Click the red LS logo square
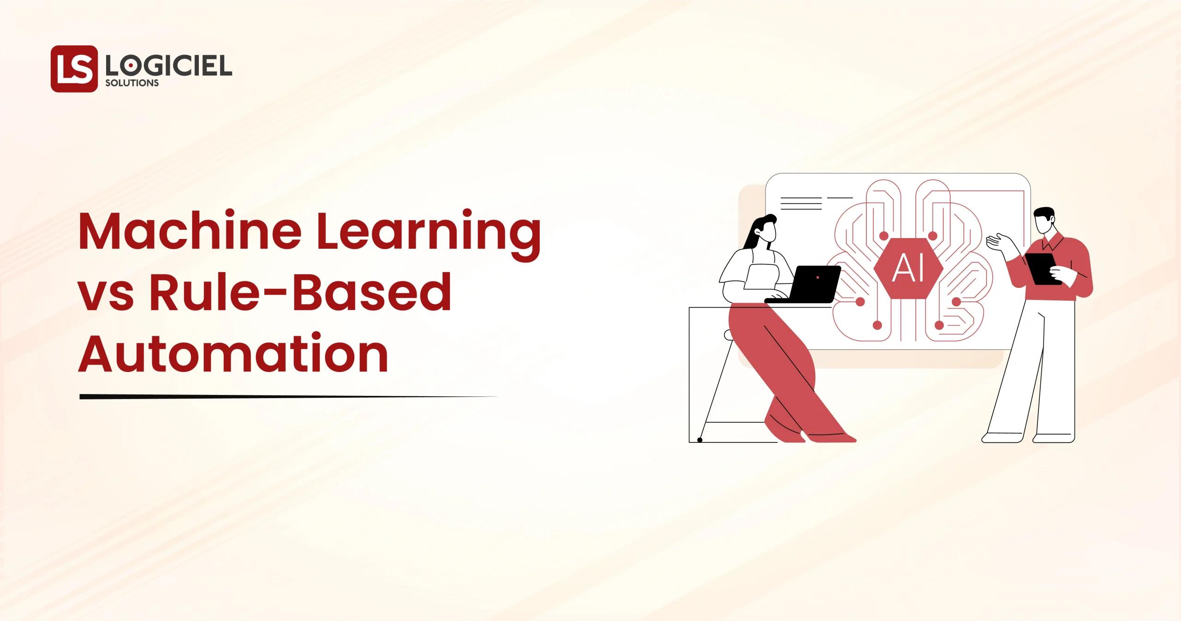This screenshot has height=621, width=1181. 74,69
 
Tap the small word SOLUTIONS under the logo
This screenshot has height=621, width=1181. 132,84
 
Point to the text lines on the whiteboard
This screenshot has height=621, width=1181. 801,203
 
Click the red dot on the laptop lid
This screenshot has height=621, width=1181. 818,277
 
